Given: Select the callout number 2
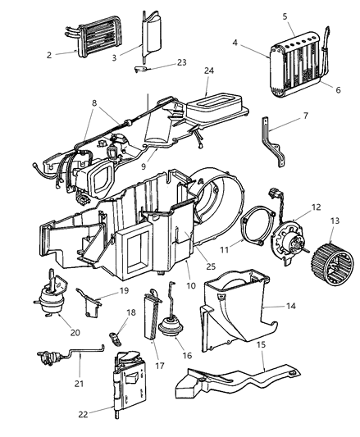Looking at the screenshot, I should point(48,54).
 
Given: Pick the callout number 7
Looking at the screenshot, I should point(306,116).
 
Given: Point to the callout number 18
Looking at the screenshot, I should point(130,336).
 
